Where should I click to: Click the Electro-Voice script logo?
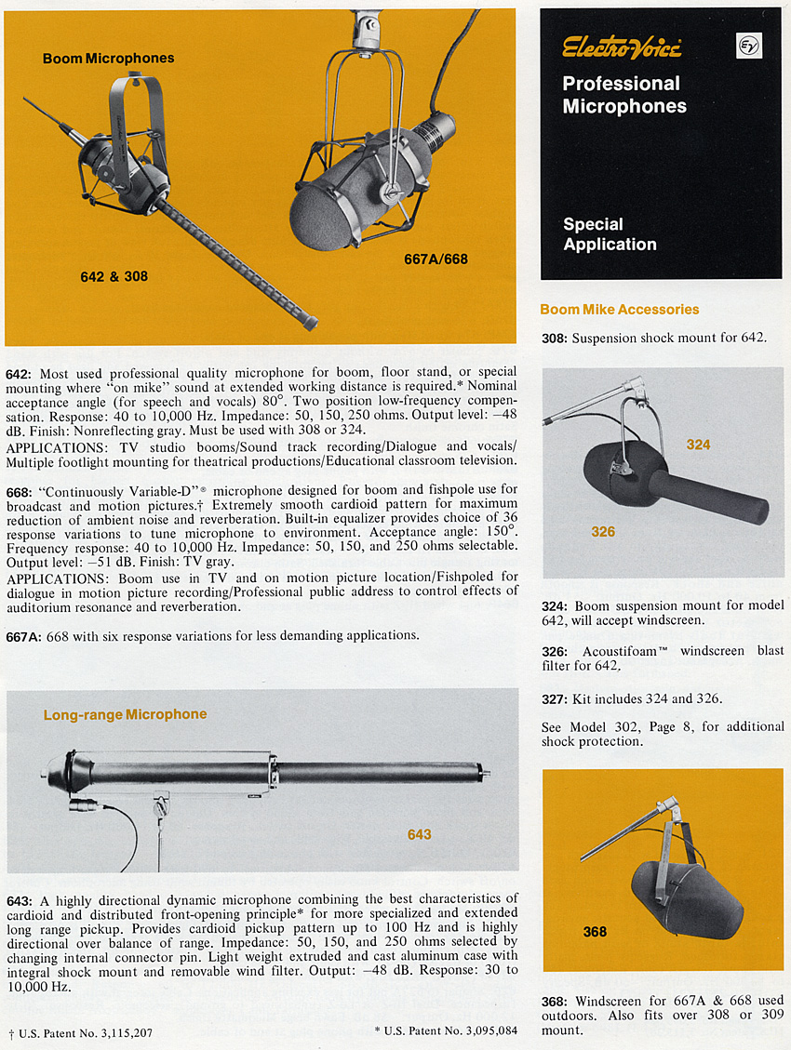[x=622, y=47]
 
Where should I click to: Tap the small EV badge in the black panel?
[x=748, y=46]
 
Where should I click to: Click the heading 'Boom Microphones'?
[x=108, y=59]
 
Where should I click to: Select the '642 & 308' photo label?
[x=114, y=276]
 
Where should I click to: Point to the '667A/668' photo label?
[x=437, y=259]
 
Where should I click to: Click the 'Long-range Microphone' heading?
[x=125, y=714]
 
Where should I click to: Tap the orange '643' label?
[x=419, y=834]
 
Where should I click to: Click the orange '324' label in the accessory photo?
[x=698, y=445]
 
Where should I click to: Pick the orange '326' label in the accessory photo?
[x=603, y=532]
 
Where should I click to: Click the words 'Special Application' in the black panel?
[x=610, y=234]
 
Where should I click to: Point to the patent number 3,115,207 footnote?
[x=79, y=1032]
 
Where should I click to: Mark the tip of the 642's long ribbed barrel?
[x=310, y=325]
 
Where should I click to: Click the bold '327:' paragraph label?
[x=556, y=698]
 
